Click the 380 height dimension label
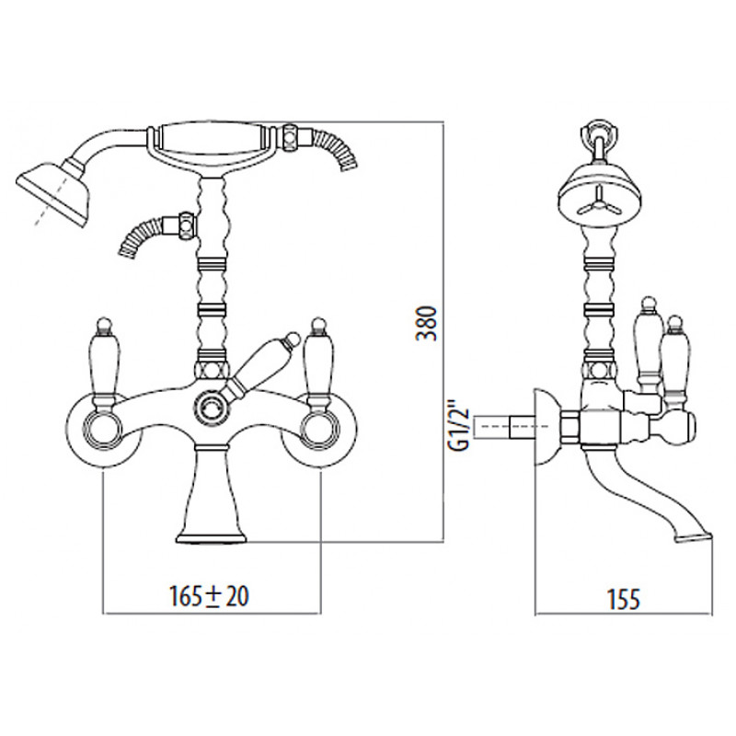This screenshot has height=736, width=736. coord(427,324)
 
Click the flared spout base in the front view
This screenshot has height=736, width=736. coord(211,493)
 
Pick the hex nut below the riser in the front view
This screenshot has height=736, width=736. coord(212,370)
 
